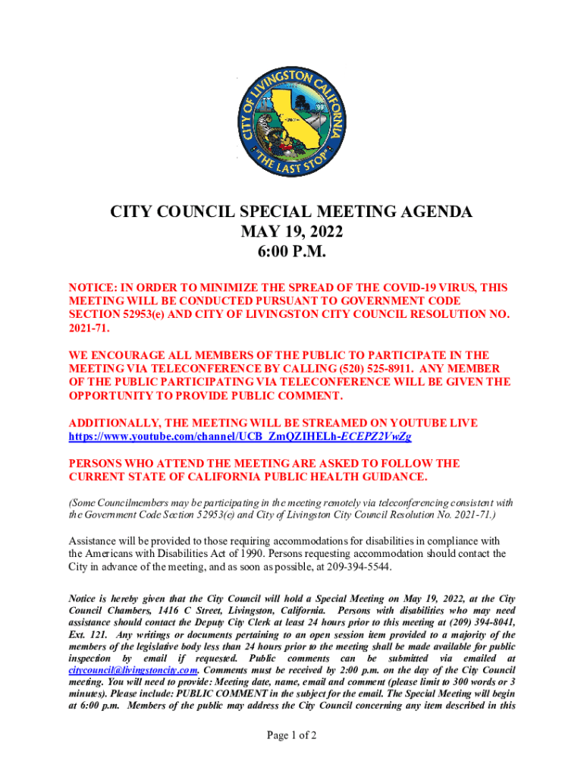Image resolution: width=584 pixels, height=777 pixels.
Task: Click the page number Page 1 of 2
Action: tap(292, 736)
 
